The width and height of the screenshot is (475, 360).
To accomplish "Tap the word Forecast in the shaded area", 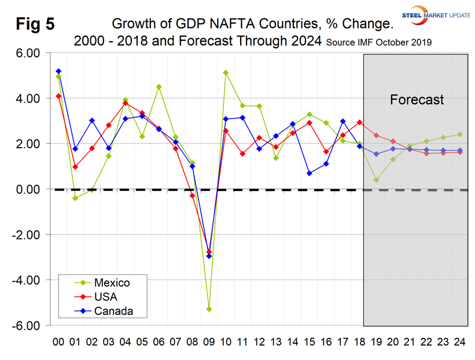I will click(x=417, y=100).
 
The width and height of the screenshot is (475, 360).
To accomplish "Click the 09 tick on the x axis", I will click(x=209, y=343).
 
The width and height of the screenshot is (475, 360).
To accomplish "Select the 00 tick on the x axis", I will click(x=58, y=343).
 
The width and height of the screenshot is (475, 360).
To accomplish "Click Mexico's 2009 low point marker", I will click(x=209, y=309).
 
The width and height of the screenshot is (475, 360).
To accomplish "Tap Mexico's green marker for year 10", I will click(x=226, y=73).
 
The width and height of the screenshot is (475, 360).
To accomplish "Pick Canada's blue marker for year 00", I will click(x=58, y=71).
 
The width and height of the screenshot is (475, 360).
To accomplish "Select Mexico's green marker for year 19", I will click(x=376, y=180).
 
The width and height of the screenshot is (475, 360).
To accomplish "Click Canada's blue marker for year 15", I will click(x=309, y=173).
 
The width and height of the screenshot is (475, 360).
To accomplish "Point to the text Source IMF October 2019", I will click(x=380, y=43).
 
